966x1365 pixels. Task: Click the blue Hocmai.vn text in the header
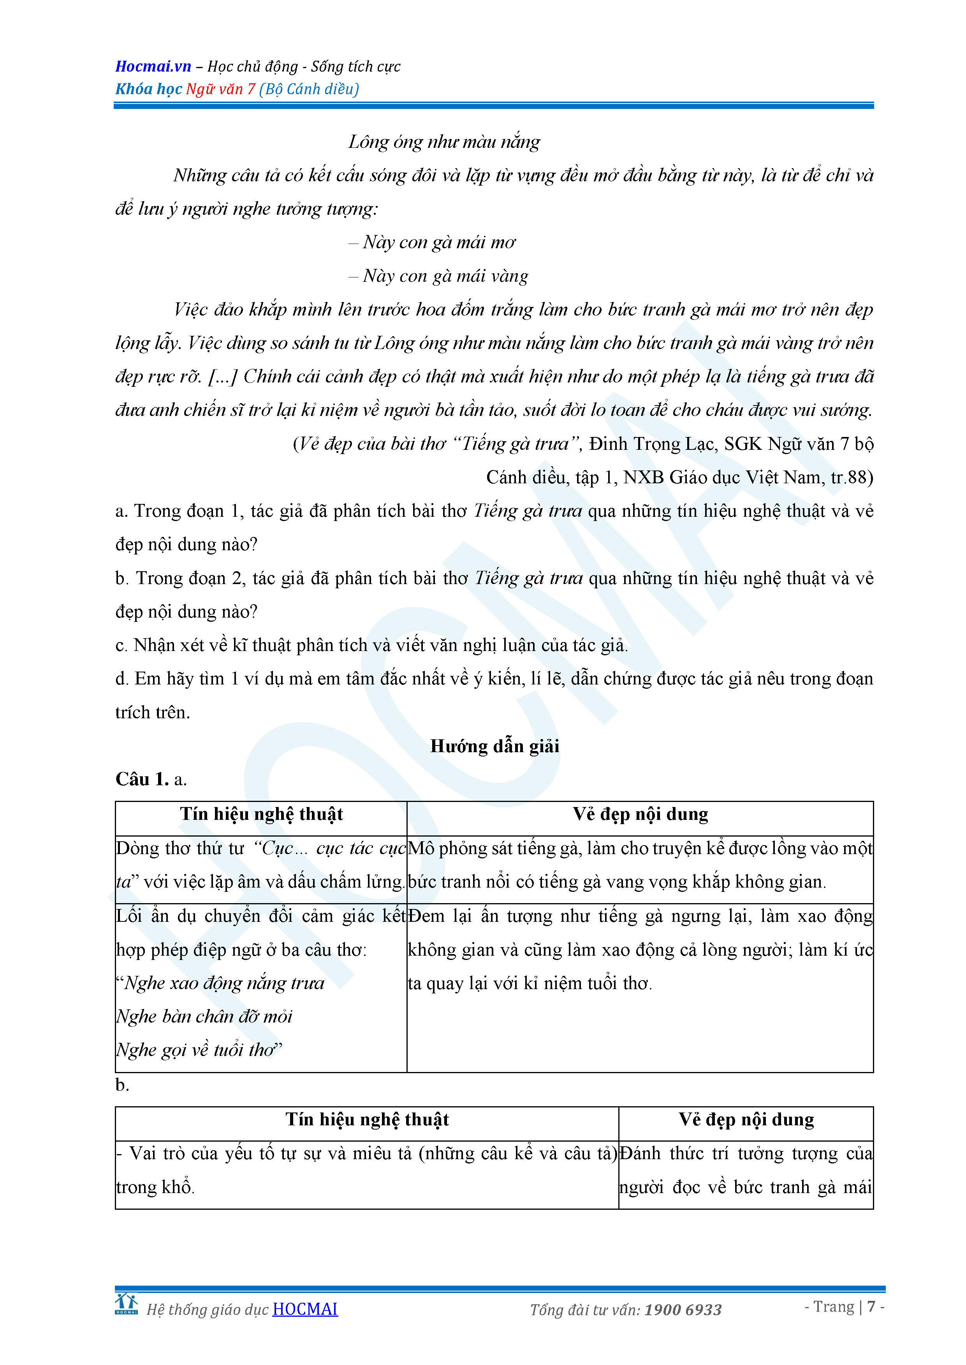point(153,66)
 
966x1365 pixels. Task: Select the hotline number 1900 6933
point(683,1310)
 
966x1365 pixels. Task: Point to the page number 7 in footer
point(871,1306)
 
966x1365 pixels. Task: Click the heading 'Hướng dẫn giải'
point(494,746)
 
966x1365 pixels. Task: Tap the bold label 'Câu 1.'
point(142,779)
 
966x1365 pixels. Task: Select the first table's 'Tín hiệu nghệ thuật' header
point(261,814)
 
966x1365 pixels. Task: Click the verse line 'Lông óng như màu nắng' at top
point(444,142)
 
